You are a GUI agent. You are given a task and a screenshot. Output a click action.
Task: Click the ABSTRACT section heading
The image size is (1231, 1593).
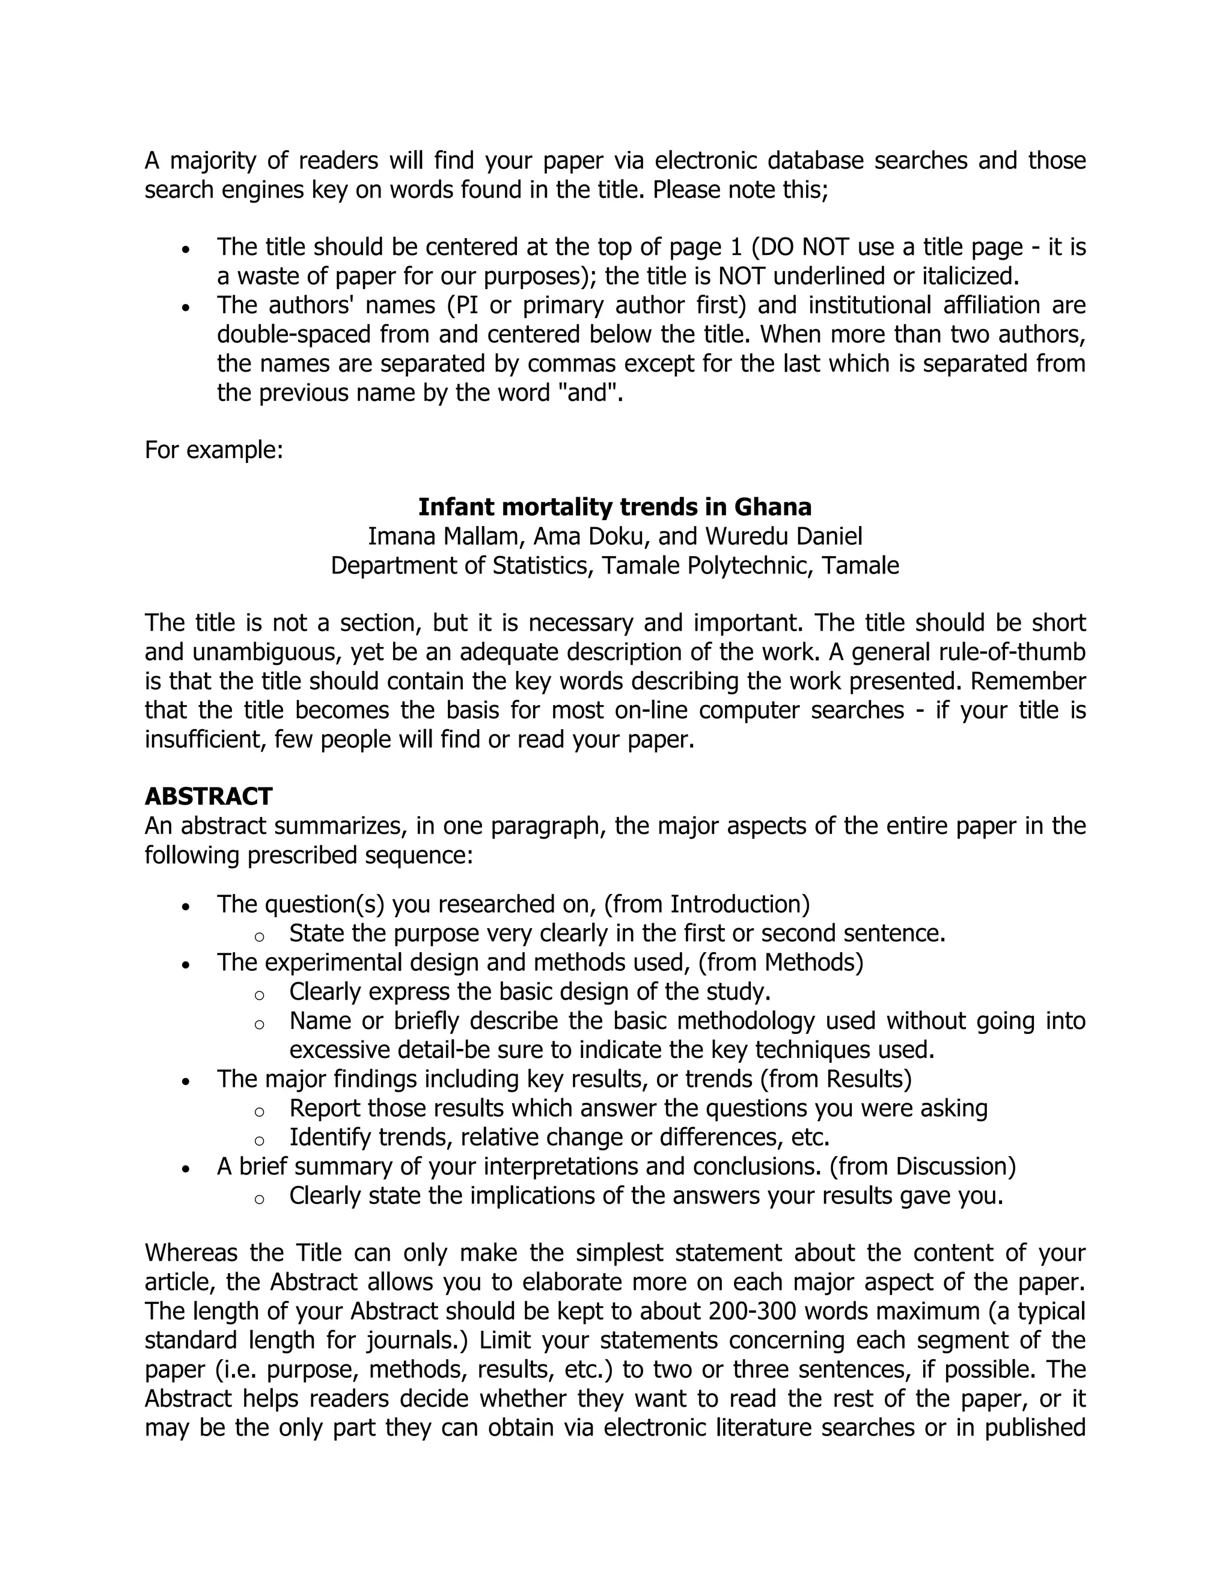(x=208, y=796)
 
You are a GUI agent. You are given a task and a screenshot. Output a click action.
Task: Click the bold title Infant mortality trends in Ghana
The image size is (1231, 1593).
(x=615, y=507)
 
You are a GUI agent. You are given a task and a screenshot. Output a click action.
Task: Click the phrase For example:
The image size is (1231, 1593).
(x=213, y=449)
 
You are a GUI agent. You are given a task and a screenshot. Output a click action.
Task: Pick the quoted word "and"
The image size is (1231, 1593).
(x=592, y=393)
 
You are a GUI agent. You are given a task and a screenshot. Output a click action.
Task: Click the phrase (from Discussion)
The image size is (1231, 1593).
(x=923, y=1166)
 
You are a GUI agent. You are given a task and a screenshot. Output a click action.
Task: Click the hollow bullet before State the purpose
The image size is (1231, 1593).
(x=259, y=937)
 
